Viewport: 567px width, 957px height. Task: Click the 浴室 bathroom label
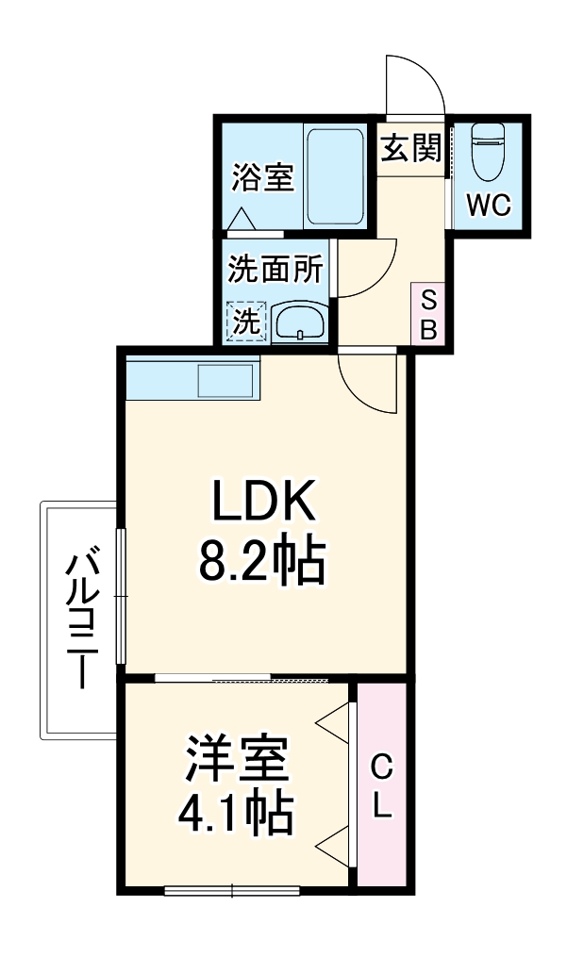pos(263,176)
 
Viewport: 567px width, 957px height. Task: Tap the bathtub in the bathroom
pos(334,176)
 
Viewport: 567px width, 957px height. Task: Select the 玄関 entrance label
pos(411,147)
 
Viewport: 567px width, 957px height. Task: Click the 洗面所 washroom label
pos(275,271)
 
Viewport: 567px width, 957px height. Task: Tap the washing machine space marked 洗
pos(247,322)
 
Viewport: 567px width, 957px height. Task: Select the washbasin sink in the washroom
pos(300,322)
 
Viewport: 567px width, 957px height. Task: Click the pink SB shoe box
pos(427,315)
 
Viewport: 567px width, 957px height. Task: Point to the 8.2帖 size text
pos(261,563)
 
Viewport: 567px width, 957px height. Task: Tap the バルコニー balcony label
pos(81,622)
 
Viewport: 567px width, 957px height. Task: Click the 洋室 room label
pos(235,762)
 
